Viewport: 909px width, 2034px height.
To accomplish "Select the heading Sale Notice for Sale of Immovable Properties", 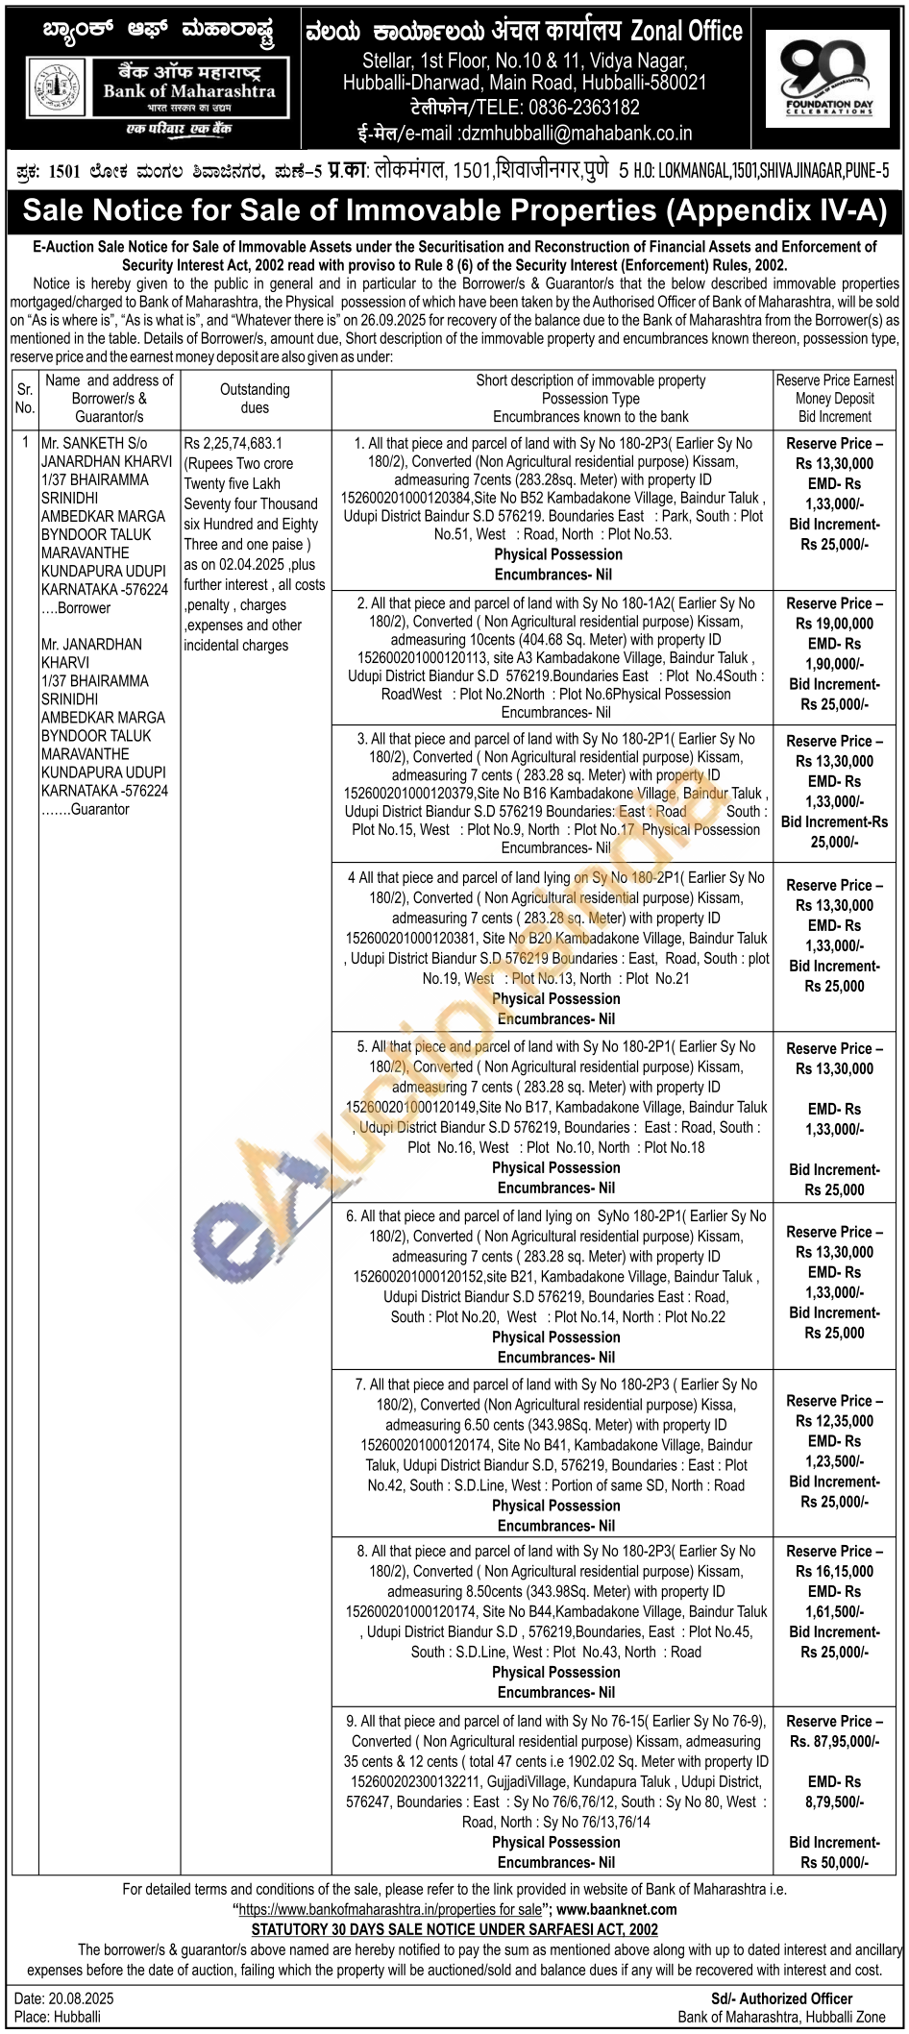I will pyautogui.click(x=454, y=210).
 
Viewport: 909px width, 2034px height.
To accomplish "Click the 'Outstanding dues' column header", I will pyautogui.click(x=255, y=398).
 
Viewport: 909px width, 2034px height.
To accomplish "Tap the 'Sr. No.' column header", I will pyautogui.click(x=25, y=398).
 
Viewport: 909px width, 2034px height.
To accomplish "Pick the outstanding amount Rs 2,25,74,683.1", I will pyautogui.click(x=233, y=443).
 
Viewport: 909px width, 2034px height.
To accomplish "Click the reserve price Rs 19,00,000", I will pyautogui.click(x=834, y=624).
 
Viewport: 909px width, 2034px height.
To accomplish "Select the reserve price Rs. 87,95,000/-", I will pyautogui.click(x=834, y=1741).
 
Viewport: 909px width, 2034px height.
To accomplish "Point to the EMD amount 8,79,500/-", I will pyautogui.click(x=834, y=1801).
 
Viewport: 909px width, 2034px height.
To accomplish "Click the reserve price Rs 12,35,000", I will pyautogui.click(x=834, y=1421).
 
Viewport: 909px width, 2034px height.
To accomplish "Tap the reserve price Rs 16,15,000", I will pyautogui.click(x=834, y=1572).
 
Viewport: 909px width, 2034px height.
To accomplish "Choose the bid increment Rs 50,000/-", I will pyautogui.click(x=834, y=1862).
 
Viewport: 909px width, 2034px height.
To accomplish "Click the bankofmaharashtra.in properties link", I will pyautogui.click(x=390, y=1909).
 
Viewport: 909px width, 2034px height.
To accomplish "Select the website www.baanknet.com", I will pyautogui.click(x=616, y=1909).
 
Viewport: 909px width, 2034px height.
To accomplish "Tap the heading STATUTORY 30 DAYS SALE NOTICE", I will pyautogui.click(x=454, y=1928).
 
